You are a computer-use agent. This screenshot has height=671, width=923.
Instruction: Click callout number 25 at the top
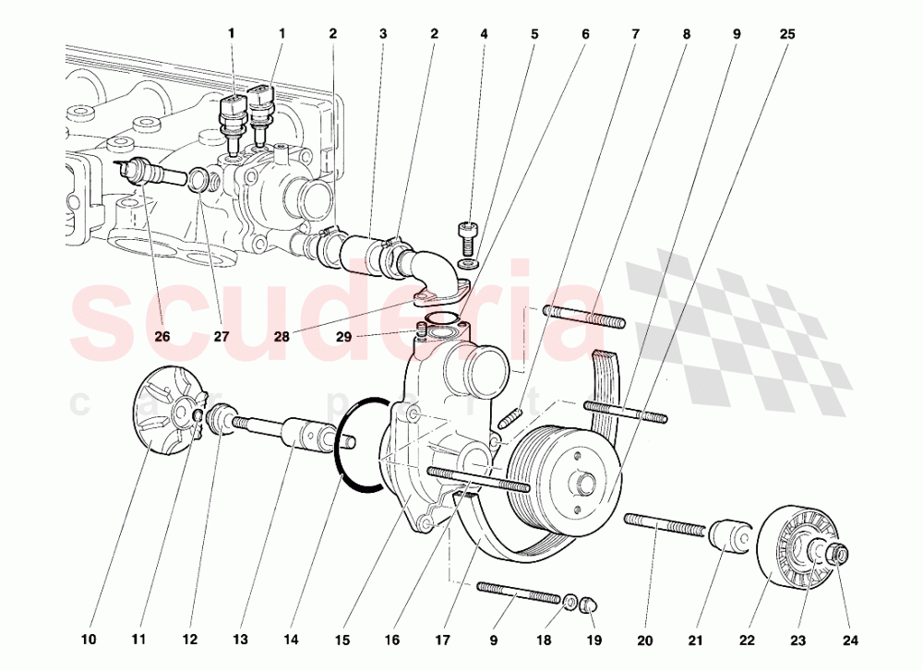[786, 34]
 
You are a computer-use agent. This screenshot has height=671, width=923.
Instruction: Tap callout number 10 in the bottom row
[89, 639]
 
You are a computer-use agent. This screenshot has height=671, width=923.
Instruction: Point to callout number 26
[162, 336]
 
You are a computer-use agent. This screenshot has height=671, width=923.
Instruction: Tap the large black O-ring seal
[360, 441]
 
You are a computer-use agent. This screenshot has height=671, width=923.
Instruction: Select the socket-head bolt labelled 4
[467, 234]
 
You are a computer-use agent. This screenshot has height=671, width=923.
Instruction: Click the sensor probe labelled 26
[148, 172]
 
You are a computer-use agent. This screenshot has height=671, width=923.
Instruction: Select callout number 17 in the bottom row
[444, 639]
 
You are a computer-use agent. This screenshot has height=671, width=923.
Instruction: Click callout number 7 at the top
[635, 34]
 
